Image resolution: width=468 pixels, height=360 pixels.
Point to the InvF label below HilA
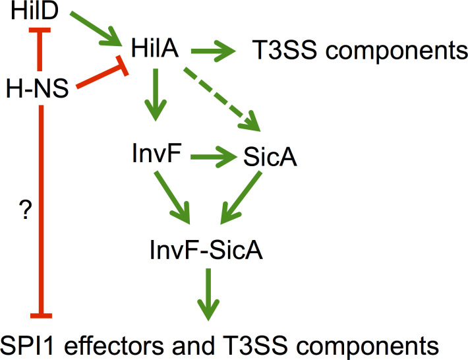pyautogui.click(x=156, y=158)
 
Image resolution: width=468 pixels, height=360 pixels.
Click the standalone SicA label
pyautogui.click(x=264, y=158)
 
